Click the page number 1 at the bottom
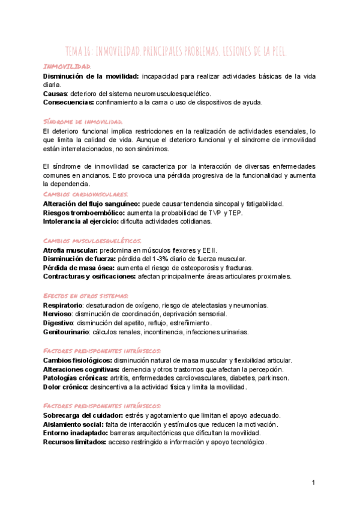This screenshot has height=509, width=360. point(313,484)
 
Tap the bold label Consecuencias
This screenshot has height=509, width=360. point(68,103)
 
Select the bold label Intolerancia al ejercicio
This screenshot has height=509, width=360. point(80,221)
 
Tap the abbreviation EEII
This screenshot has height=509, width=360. point(209,250)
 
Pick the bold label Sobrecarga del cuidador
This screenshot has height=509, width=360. point(82,415)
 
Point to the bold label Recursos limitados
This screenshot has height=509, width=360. point(74,442)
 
